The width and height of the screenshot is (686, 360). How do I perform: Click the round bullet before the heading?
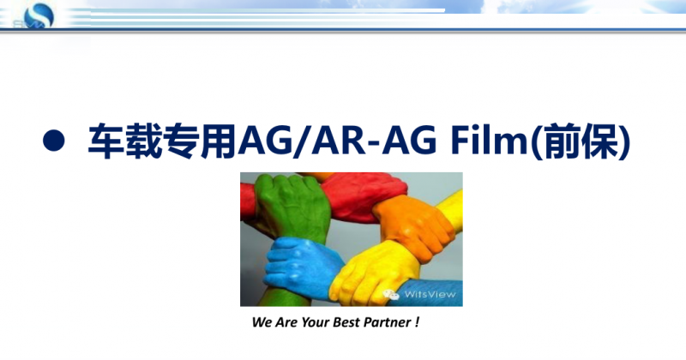[54, 141]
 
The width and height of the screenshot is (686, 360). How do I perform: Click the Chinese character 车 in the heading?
[106, 141]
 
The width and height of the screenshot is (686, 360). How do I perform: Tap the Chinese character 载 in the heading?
[144, 141]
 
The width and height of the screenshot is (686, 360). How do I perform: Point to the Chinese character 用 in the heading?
[219, 141]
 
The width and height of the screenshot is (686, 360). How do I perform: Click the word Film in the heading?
[489, 140]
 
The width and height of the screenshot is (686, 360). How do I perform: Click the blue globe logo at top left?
[39, 16]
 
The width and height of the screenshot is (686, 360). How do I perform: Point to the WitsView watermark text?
[430, 294]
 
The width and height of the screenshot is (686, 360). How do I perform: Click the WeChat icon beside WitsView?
[391, 295]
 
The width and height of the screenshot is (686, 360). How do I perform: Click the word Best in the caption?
[346, 322]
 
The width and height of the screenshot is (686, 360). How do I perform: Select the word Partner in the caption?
[388, 322]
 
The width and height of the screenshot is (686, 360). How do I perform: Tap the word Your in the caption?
[315, 322]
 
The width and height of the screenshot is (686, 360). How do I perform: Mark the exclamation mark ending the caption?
[417, 322]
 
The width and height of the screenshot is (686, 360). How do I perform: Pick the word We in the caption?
[262, 322]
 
